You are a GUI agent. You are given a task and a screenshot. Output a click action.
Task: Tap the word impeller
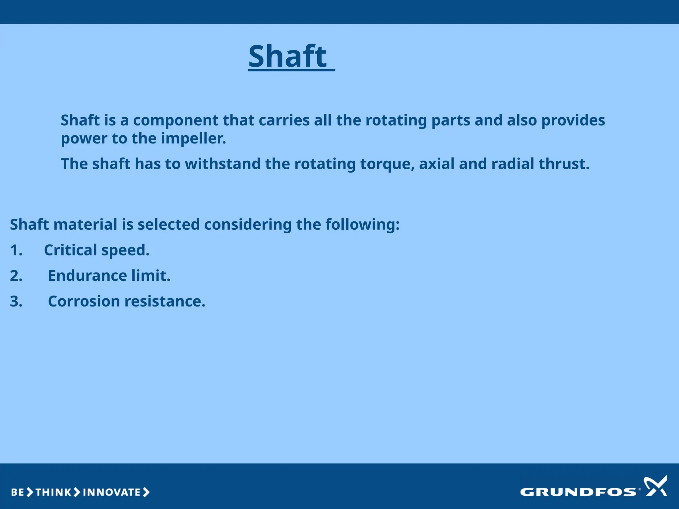(x=193, y=139)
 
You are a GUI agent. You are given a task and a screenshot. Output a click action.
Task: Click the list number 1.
(x=16, y=250)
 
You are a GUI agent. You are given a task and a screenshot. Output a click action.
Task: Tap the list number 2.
(x=16, y=276)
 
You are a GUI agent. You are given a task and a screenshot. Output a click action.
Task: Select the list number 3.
(x=16, y=302)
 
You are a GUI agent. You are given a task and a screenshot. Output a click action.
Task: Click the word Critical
(x=70, y=250)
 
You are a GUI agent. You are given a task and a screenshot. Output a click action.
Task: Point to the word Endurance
(x=87, y=276)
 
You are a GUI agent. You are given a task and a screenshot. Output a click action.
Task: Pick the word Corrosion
(x=84, y=302)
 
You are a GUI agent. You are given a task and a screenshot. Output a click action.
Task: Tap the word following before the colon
(x=362, y=225)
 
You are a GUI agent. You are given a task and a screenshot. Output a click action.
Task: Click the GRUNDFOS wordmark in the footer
(x=578, y=492)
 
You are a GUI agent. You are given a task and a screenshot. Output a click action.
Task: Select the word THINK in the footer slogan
(x=53, y=492)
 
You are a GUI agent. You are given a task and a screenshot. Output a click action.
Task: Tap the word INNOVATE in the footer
(x=112, y=492)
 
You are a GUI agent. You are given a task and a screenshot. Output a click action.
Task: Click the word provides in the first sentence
(x=573, y=121)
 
